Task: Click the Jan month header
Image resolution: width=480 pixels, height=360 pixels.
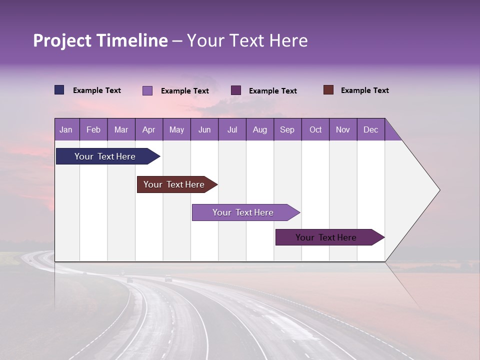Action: (66, 129)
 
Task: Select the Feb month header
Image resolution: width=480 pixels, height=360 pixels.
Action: (93, 129)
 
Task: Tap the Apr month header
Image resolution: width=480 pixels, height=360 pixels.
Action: (148, 129)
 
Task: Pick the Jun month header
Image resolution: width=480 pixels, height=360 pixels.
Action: (204, 129)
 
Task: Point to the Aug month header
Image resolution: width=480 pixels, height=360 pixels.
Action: (259, 129)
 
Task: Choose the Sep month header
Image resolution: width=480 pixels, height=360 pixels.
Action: (287, 129)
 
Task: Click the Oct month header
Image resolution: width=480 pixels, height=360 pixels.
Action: (315, 129)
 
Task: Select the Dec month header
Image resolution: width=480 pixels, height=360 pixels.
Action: (370, 129)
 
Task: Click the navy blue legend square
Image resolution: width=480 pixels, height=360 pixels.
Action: (59, 90)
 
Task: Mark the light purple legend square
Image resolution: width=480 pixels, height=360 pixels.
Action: (147, 90)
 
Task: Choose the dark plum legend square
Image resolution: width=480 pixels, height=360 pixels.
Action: (236, 90)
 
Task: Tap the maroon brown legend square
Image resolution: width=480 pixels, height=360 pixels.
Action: (328, 90)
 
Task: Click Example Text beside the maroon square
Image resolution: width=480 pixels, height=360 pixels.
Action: (364, 90)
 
